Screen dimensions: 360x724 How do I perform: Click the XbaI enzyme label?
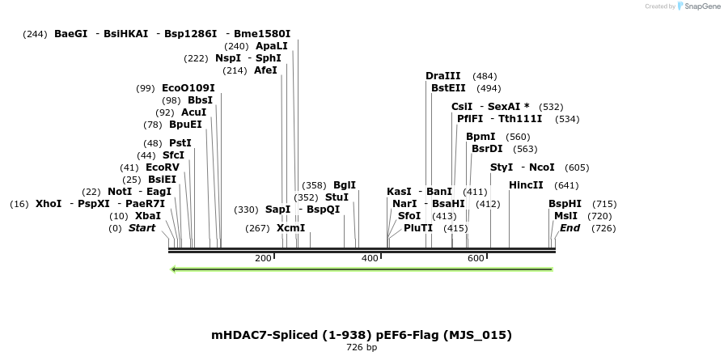pyautogui.click(x=147, y=216)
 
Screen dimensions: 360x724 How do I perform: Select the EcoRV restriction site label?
pyautogui.click(x=162, y=167)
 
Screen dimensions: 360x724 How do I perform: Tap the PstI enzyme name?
pyautogui.click(x=180, y=143)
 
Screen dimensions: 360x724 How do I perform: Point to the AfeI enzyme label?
pyautogui.click(x=265, y=70)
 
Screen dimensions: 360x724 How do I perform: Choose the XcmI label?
pyautogui.click(x=291, y=228)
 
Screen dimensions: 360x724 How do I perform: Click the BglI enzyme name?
pyautogui.click(x=345, y=185)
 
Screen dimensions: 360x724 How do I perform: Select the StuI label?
pyautogui.click(x=337, y=197)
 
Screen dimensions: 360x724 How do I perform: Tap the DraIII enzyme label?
pyautogui.click(x=442, y=76)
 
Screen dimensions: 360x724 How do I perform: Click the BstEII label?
pyautogui.click(x=448, y=88)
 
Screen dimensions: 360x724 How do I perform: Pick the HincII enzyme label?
pyautogui.click(x=526, y=185)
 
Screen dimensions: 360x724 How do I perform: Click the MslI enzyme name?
pyautogui.click(x=565, y=216)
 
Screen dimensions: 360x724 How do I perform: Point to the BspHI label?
pyautogui.click(x=565, y=204)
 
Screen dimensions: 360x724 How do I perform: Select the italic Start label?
pyautogui.click(x=142, y=228)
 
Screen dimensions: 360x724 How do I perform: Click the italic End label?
pyautogui.click(x=569, y=228)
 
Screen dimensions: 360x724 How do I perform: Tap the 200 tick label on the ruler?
pyautogui.click(x=263, y=259)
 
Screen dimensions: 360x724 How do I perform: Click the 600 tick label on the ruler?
pyautogui.click(x=476, y=259)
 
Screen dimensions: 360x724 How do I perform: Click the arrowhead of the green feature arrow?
pyautogui.click(x=176, y=269)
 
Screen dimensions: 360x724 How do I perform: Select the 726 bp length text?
pyautogui.click(x=362, y=348)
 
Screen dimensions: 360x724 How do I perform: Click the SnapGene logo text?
pyautogui.click(x=700, y=6)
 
